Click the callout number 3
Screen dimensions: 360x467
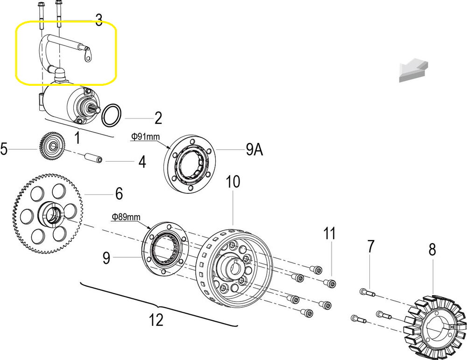pyautogui.click(x=99, y=21)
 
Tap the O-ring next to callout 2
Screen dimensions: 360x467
pyautogui.click(x=112, y=115)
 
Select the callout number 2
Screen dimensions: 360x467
pyautogui.click(x=158, y=118)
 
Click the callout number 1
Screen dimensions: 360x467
pyautogui.click(x=77, y=138)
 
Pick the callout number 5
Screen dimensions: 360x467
pyautogui.click(x=4, y=149)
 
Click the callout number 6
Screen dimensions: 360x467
pyautogui.click(x=119, y=193)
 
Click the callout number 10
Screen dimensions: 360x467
pyautogui.click(x=233, y=181)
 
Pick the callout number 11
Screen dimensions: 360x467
pyautogui.click(x=330, y=233)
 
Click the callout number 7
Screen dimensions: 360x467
pyautogui.click(x=371, y=247)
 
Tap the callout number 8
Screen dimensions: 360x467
pyautogui.click(x=432, y=250)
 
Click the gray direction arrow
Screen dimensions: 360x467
pyautogui.click(x=413, y=70)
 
